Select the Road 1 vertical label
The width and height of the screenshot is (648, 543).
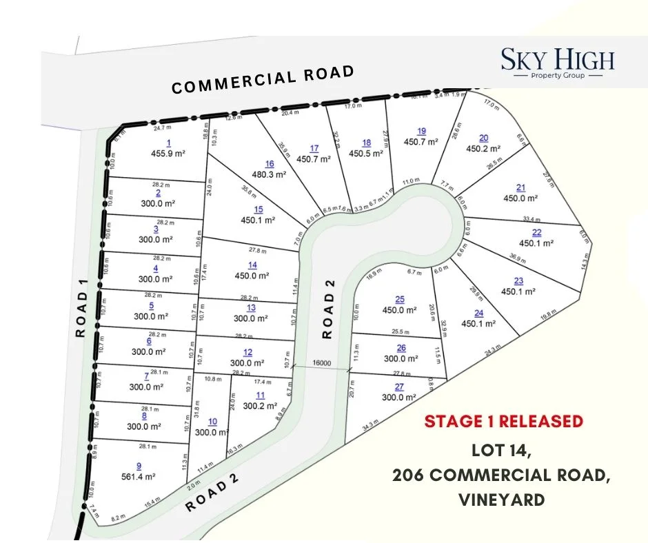[81, 314]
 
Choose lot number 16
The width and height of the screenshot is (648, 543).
[270, 163]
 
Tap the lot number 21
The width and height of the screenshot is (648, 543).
[520, 187]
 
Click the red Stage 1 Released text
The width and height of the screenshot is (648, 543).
[503, 421]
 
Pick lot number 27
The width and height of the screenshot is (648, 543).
[399, 387]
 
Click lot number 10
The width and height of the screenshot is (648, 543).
[212, 422]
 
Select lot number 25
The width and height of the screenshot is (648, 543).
[400, 298]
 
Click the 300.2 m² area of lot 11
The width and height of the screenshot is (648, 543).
[260, 407]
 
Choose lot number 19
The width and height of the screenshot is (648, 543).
[422, 131]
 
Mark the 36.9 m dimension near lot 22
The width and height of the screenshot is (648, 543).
[515, 257]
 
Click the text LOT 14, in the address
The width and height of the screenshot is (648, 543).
[501, 451]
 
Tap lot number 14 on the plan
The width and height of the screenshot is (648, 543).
[252, 265]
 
